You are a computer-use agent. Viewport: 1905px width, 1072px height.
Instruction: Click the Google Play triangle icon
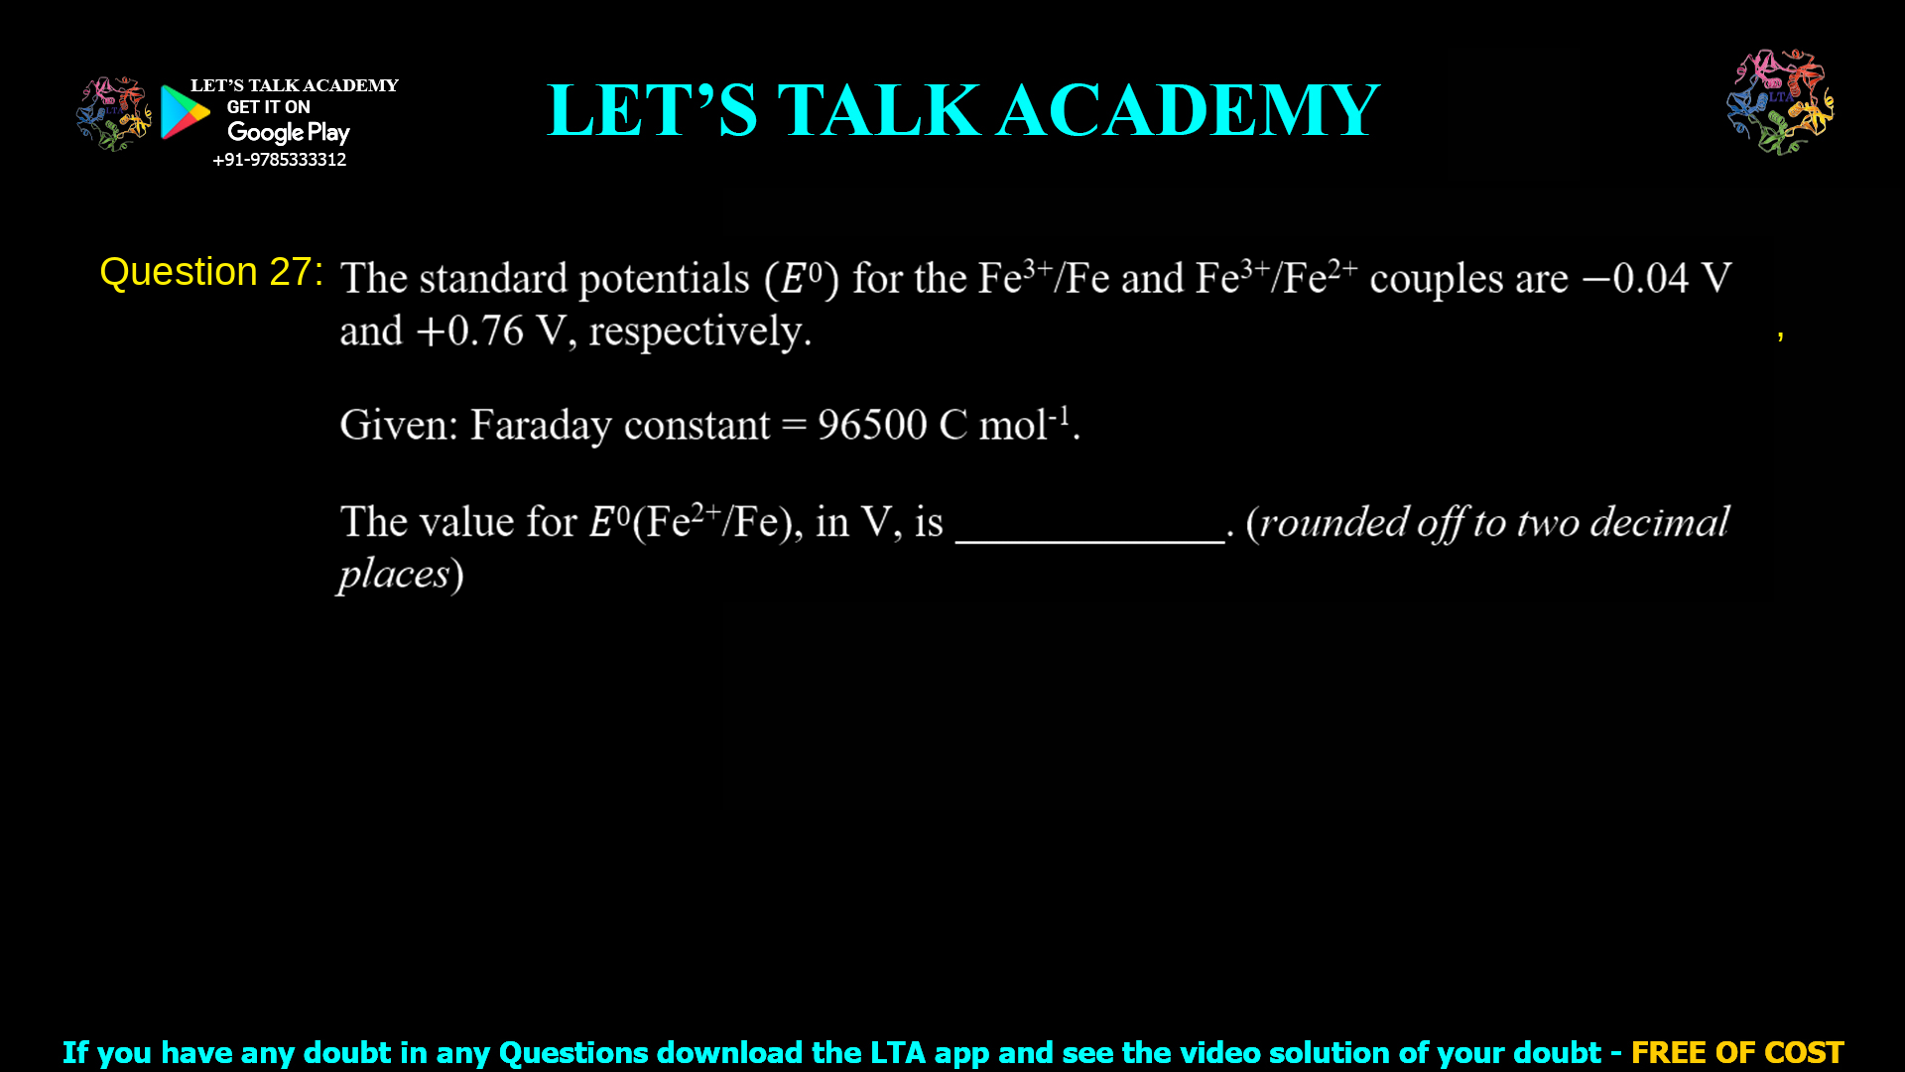pos(185,112)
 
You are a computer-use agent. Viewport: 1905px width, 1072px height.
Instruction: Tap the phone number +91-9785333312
pos(279,160)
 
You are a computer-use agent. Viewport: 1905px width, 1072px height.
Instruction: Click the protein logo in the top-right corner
pos(1780,101)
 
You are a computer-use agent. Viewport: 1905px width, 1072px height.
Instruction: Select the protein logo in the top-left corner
pos(113,113)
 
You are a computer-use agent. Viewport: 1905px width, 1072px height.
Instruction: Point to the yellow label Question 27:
pos(211,272)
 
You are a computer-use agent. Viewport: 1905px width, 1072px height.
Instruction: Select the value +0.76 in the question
pos(470,332)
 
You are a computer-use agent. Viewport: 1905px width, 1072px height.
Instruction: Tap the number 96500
pos(872,425)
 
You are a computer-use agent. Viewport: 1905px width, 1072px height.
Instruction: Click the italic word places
pos(394,575)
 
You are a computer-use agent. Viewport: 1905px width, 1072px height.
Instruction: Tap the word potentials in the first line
pos(664,279)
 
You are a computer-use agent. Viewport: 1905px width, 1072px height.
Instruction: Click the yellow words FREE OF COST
pos(1736,1052)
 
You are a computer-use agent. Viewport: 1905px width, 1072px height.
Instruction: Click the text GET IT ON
pos(268,107)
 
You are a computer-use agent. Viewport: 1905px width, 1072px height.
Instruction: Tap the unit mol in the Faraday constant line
pos(1012,425)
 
